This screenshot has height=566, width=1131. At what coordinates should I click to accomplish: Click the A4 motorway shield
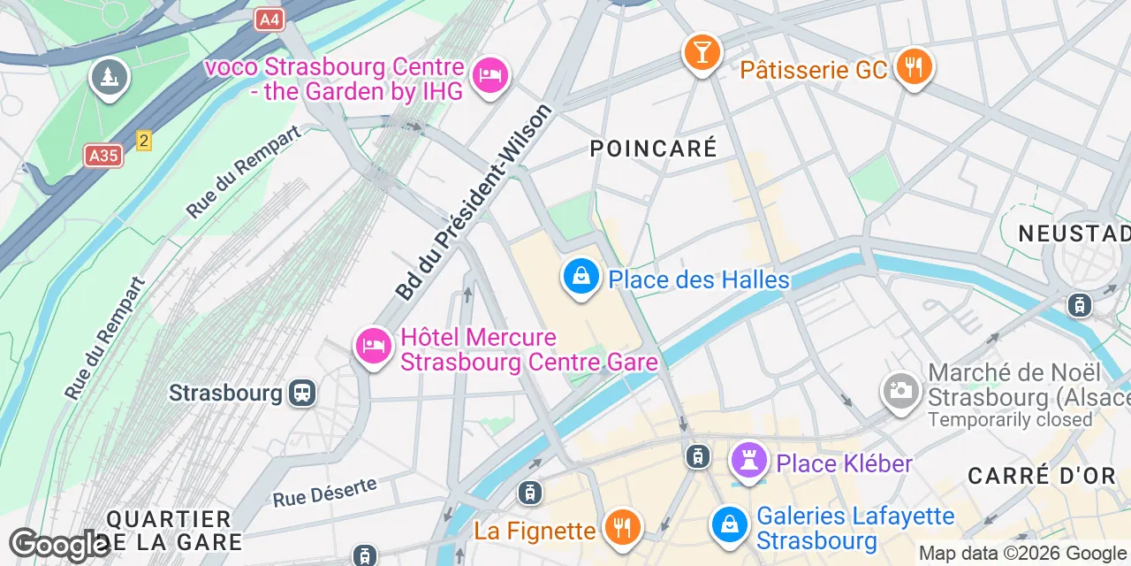pos(270,19)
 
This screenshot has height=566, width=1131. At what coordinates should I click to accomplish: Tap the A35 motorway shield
pos(104,156)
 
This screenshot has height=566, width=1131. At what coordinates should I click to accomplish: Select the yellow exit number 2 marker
pos(144,141)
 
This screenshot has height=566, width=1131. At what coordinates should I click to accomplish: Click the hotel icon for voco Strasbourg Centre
pos(489,74)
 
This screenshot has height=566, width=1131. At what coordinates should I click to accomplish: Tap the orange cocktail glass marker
pos(702,52)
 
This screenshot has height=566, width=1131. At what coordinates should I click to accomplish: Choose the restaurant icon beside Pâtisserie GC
pos(914,66)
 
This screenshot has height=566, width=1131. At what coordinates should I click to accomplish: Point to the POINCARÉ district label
pos(653,149)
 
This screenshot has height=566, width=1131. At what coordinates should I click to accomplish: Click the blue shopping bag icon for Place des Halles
pos(581,278)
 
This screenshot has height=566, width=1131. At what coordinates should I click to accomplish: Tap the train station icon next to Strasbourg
pos(302,392)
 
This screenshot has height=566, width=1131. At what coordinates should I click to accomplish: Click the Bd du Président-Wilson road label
pos(474,203)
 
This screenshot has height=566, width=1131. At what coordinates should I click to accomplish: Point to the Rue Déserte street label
pos(324,492)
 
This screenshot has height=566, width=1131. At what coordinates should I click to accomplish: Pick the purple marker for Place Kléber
pos(748,461)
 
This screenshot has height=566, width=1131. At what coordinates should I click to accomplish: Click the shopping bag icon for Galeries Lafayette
pos(731,524)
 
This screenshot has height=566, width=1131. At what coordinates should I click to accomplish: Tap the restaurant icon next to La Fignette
pos(623,528)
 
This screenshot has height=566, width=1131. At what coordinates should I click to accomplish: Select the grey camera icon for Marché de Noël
pos(901,390)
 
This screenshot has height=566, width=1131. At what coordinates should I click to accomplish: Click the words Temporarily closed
pos(1010,419)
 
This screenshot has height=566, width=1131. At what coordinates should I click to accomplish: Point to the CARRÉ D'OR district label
pos(1042,476)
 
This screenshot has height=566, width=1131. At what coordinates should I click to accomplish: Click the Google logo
pos(59,545)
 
